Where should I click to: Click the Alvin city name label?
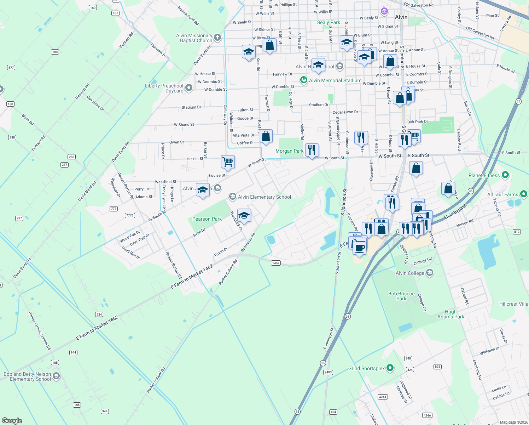401,17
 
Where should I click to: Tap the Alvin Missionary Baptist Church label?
194,38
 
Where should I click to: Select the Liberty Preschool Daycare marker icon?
189,88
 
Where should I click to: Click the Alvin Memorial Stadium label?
335,80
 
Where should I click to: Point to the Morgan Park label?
289,151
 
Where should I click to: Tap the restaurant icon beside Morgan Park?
312,150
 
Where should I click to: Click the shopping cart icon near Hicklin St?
228,162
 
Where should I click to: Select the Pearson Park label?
207,219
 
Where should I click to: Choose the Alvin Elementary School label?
264,197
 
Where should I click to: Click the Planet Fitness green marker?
505,175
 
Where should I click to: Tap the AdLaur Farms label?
502,194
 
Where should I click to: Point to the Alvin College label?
410,273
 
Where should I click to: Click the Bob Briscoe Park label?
401,296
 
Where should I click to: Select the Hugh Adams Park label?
450,314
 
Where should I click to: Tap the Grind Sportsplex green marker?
390,368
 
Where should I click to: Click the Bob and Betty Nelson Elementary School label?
27,376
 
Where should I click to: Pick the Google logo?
12,420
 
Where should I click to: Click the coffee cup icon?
360,248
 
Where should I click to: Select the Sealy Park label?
329,22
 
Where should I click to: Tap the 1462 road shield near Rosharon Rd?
275,263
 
